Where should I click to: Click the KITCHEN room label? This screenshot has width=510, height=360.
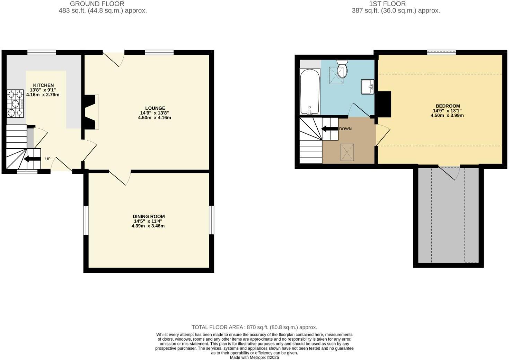click(x=43, y=85)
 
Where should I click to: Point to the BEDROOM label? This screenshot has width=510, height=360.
click(x=448, y=106)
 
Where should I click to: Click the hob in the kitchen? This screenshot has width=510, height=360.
click(x=15, y=103)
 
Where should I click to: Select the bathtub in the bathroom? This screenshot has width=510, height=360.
click(x=309, y=92)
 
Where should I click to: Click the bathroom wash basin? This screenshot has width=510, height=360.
click(x=367, y=87)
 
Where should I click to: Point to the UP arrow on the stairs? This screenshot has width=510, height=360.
click(x=32, y=159)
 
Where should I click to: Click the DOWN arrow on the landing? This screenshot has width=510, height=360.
click(x=330, y=129)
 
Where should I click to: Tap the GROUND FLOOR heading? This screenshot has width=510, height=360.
click(x=97, y=4)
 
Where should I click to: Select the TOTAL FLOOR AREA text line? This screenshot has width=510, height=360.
click(x=254, y=327)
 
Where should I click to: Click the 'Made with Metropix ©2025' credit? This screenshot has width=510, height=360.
click(x=254, y=357)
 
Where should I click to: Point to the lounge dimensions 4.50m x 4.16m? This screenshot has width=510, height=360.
click(x=155, y=118)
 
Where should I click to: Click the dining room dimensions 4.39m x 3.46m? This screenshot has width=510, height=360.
click(x=148, y=226)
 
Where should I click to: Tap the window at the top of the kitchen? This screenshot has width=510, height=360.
click(x=42, y=53)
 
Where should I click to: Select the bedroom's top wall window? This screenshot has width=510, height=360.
click(x=441, y=53)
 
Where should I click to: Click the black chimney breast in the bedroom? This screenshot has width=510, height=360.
click(x=384, y=104)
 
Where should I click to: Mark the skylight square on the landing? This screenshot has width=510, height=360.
click(x=347, y=152)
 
